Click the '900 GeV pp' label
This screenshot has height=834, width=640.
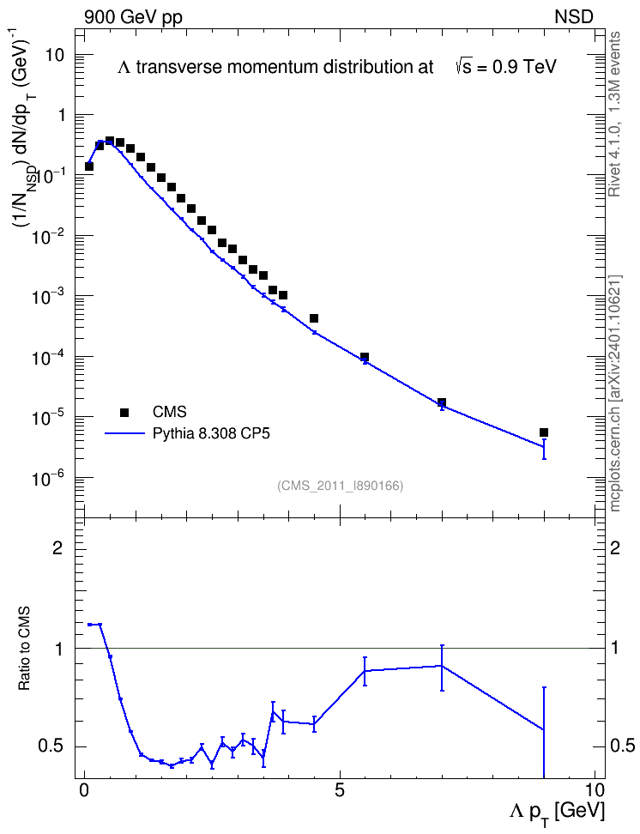(133, 17)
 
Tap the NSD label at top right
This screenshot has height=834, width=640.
(573, 17)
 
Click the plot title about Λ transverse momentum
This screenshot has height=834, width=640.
(337, 67)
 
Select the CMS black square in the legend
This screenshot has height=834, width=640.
(124, 412)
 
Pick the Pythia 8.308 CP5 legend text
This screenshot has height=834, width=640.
(211, 433)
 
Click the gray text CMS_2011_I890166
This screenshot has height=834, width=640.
(341, 486)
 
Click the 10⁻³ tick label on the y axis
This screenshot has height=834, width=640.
(46, 295)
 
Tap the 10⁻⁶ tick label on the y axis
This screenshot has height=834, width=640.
(46, 478)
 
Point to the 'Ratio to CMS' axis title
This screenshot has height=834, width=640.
(25, 648)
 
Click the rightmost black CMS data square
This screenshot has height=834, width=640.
(544, 432)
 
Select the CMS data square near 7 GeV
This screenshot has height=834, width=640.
(442, 402)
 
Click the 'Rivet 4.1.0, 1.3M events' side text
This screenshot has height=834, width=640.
(614, 114)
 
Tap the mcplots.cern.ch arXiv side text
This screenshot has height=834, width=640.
(614, 394)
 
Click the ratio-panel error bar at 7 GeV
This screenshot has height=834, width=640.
(442, 668)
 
